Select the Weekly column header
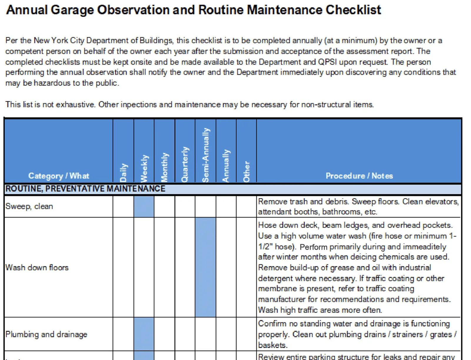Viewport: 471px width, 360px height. click(x=144, y=168)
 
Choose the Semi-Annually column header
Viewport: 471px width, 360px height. click(x=206, y=155)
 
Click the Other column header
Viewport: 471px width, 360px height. click(x=247, y=171)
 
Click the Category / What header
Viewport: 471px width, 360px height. click(x=59, y=176)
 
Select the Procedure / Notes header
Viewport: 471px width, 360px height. click(x=359, y=176)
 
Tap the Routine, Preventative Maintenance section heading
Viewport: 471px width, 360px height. click(x=85, y=189)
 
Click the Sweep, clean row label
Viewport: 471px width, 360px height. click(x=29, y=206)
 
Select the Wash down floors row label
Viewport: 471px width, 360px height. click(x=37, y=268)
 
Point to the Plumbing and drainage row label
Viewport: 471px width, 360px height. click(x=46, y=334)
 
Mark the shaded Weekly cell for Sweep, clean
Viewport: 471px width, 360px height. click(x=144, y=206)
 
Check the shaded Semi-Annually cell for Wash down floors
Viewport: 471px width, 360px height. click(x=205, y=267)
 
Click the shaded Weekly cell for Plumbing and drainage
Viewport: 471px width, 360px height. click(x=144, y=334)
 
